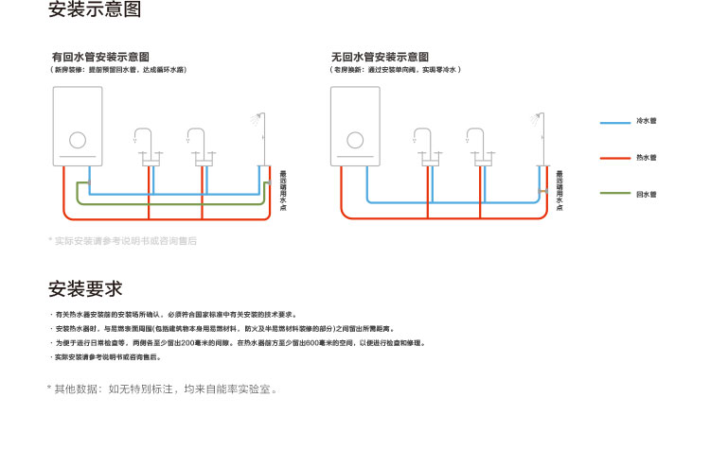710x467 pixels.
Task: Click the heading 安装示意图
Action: point(95,12)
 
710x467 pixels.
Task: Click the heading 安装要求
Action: point(85,288)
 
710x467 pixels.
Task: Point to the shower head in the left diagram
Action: point(254,120)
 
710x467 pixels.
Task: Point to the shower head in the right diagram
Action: point(533,120)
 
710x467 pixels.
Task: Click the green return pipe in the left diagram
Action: point(170,203)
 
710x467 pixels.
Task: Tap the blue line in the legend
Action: point(615,122)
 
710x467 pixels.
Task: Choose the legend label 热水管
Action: point(647,158)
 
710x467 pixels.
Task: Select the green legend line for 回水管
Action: point(615,194)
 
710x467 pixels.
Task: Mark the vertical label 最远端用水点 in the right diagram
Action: point(559,190)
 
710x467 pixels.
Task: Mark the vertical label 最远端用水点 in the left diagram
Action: point(282,190)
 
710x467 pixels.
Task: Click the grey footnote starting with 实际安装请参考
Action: point(124,241)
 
